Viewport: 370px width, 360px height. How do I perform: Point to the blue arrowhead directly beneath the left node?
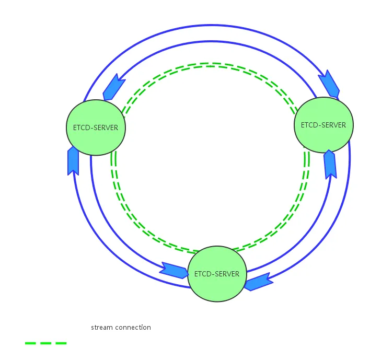[x=73, y=160]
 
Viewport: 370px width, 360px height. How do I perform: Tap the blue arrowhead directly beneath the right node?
[x=330, y=164]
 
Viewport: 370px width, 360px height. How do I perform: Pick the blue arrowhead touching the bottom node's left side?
[x=174, y=270]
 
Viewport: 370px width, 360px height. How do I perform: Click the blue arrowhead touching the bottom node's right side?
[x=258, y=282]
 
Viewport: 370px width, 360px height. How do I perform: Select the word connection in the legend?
[x=133, y=328]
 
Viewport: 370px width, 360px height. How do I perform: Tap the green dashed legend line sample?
[x=46, y=343]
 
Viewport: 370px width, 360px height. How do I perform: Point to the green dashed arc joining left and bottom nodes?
[x=131, y=214]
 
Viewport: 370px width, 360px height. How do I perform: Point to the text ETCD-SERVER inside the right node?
[x=323, y=125]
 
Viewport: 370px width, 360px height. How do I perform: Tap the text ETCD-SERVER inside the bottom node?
[x=216, y=274]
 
